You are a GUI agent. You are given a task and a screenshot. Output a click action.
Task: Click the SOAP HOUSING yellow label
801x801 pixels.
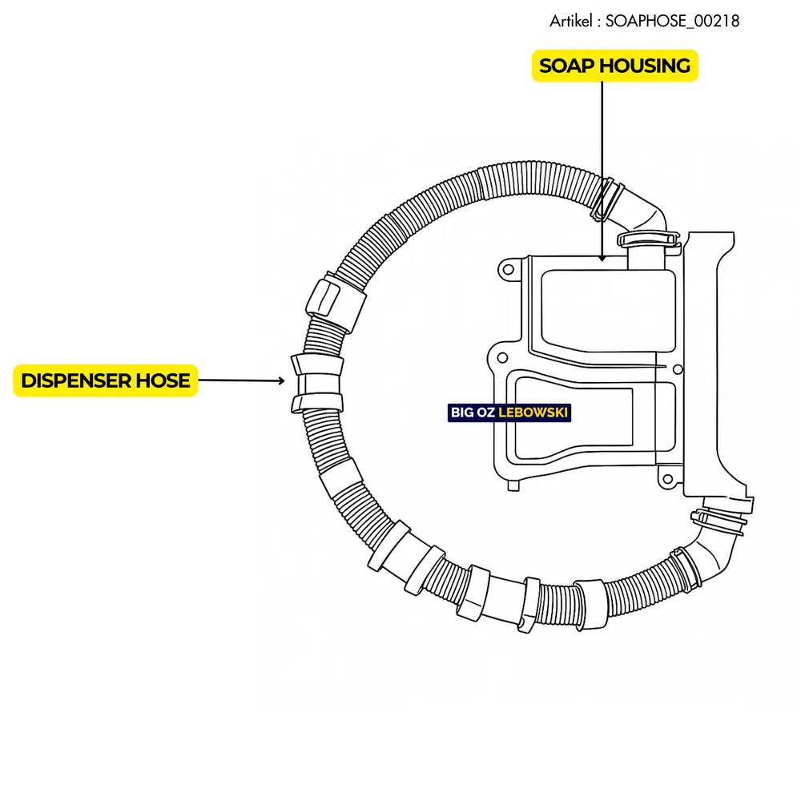coord(615,66)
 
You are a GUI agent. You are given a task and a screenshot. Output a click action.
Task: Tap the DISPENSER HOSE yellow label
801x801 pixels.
coord(106,380)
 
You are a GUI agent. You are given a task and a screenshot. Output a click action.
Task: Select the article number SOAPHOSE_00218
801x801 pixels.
coord(672,22)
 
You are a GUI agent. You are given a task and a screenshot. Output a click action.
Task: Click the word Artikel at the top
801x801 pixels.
coord(571,22)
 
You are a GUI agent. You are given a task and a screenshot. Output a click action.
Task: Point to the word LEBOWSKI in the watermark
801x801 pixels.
coord(533,413)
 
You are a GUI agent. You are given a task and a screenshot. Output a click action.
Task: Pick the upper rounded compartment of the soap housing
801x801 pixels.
coord(609,308)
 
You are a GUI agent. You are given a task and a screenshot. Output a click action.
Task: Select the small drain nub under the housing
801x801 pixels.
coord(513,484)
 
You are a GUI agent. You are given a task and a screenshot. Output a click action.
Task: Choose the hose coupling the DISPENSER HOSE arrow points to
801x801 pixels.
coord(316,383)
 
